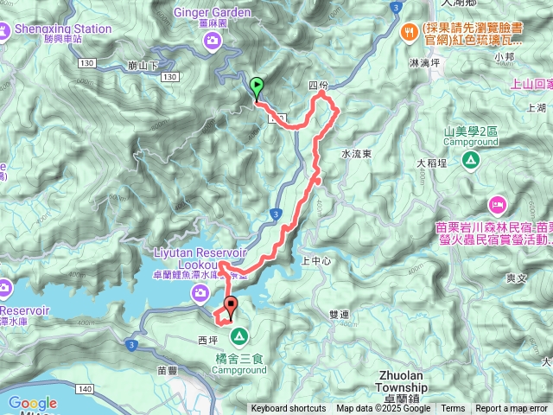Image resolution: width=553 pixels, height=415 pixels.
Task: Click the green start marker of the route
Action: coord(257,86)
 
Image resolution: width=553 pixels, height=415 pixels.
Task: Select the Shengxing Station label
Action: coord(63,29)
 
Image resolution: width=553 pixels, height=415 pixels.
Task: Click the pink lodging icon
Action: coord(497,204)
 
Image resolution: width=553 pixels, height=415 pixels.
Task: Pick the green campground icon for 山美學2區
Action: coord(470,160)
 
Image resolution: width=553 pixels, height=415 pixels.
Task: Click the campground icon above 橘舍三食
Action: coord(238,335)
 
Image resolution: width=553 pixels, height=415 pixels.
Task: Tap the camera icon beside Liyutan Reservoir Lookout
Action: coord(200,295)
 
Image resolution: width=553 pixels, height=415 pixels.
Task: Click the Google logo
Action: coord(32,403)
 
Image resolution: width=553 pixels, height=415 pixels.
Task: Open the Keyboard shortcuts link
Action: coord(289,409)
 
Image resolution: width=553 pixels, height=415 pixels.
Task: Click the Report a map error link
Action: coord(512,409)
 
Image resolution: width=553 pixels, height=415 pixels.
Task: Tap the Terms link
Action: coord(453,409)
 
